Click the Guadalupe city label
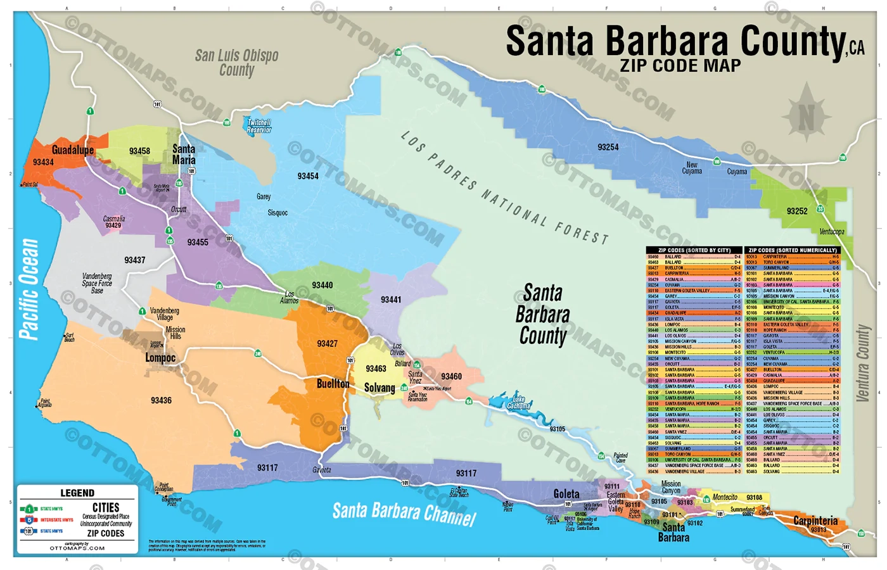pyautogui.click(x=72, y=150)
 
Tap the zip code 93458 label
pyautogui.click(x=139, y=151)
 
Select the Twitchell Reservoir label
pyautogui.click(x=258, y=126)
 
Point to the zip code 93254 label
pyautogui.click(x=608, y=147)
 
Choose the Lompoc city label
pyautogui.click(x=160, y=358)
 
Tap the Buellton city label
pyautogui.click(x=333, y=384)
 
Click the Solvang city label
pyautogui.click(x=379, y=388)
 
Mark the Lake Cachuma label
pyautogui.click(x=518, y=402)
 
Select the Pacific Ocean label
pyautogui.click(x=29, y=289)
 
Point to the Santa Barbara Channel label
pyautogui.click(x=404, y=514)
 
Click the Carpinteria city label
pyautogui.click(x=815, y=521)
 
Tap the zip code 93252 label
pyautogui.click(x=797, y=211)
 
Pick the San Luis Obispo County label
pyautogui.click(x=236, y=63)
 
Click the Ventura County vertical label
pyautogui.click(x=862, y=364)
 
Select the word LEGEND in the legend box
pyautogui.click(x=77, y=493)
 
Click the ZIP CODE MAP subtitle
pyautogui.click(x=680, y=66)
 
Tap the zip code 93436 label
pyautogui.click(x=161, y=400)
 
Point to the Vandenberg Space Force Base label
pyautogui.click(x=97, y=283)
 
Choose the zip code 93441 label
pyautogui.click(x=391, y=300)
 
